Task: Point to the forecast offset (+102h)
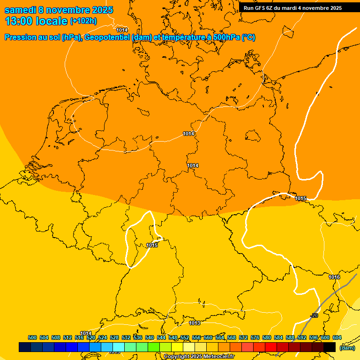click(83, 21)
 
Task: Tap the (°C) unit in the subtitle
click(248, 37)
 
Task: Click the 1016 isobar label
click(334, 277)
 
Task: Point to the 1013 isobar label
click(195, 323)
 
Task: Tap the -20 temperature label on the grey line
click(314, 315)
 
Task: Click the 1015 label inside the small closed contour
click(152, 245)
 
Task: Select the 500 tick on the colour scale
click(32, 337)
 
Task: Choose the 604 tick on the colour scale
click(337, 337)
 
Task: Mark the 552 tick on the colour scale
click(185, 337)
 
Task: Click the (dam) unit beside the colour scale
click(347, 347)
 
